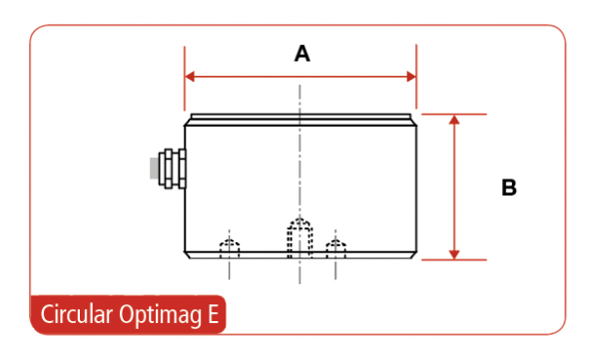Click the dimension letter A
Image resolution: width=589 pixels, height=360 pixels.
click(x=302, y=54)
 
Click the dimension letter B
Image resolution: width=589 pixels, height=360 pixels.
click(x=509, y=187)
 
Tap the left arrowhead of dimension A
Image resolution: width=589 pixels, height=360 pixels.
click(x=190, y=77)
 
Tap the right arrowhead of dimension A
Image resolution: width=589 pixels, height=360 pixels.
click(x=411, y=77)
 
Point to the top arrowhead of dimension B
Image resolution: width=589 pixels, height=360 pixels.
click(x=454, y=120)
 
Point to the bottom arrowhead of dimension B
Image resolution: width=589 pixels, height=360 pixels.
click(x=454, y=254)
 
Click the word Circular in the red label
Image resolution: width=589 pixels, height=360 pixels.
click(x=77, y=314)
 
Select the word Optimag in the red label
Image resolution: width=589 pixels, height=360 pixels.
click(x=161, y=315)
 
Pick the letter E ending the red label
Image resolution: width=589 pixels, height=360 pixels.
click(x=214, y=314)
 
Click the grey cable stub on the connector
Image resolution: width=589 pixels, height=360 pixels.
click(x=154, y=169)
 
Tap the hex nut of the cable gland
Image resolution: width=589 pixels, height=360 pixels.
click(x=168, y=169)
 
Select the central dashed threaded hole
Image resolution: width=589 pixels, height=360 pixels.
click(x=299, y=237)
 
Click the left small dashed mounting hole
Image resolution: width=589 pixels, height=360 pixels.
click(x=230, y=248)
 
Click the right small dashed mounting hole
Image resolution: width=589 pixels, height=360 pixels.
click(x=335, y=248)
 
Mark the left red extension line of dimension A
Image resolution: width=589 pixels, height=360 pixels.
click(x=185, y=79)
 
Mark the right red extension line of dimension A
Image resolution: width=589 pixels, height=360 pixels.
click(x=416, y=77)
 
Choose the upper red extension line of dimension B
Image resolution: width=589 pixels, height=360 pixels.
click(x=454, y=114)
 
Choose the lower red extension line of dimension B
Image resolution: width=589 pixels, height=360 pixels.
click(x=454, y=259)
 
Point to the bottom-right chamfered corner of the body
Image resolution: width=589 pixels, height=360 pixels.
click(x=414, y=255)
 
